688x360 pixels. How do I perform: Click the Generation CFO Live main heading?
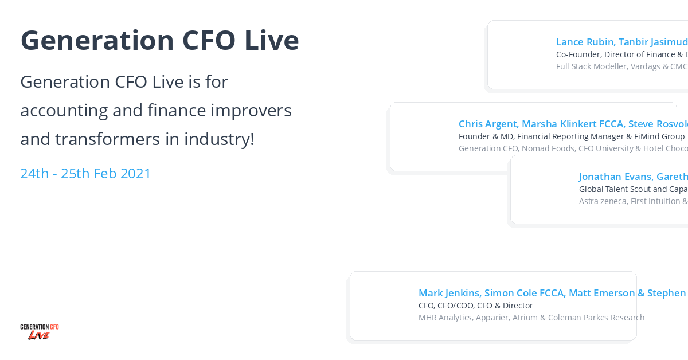(x=159, y=40)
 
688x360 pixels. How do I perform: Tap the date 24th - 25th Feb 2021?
(x=85, y=173)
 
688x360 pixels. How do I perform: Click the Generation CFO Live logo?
(x=40, y=331)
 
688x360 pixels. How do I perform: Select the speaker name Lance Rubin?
(x=584, y=42)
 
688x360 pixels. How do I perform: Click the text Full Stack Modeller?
(x=592, y=66)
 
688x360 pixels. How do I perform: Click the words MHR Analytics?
(x=445, y=318)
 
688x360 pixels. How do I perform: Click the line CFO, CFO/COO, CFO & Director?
(x=475, y=306)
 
